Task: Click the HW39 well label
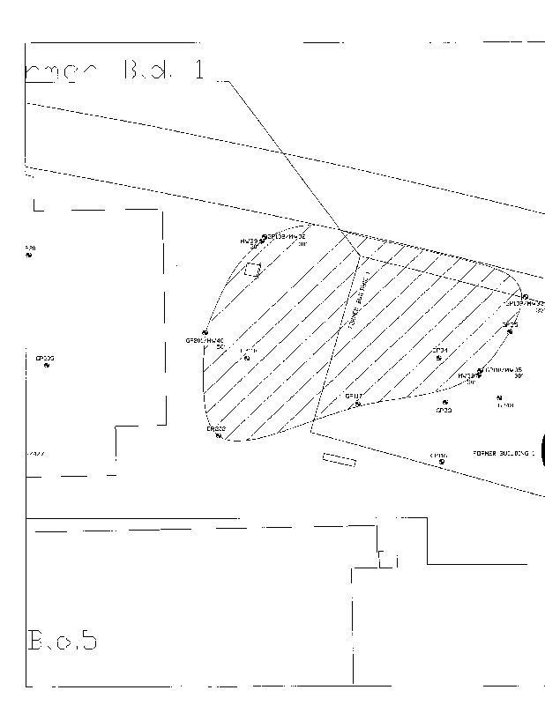248,241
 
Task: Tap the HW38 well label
466,376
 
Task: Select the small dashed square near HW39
253,270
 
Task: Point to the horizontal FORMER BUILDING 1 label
504,452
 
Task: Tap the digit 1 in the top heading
199,70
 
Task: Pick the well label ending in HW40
205,340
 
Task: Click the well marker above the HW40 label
205,332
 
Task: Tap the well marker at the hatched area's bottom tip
218,436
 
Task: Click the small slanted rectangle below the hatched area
340,458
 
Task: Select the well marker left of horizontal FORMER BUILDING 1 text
441,462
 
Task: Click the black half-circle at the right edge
542,451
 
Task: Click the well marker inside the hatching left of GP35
439,358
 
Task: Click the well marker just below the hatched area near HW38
444,403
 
